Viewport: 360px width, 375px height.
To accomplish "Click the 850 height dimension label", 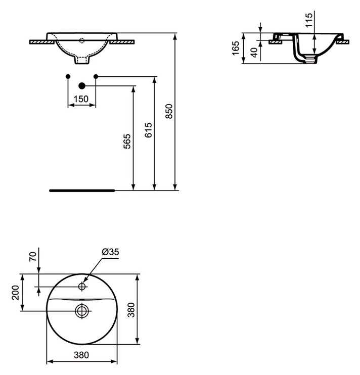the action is (169, 111).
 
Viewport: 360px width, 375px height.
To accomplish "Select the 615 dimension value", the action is (148, 130).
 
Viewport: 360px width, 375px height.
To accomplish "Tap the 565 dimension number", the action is (127, 142).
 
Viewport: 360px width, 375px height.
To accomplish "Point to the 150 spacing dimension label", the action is (81, 99).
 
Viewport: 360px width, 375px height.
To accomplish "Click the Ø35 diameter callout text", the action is (110, 252).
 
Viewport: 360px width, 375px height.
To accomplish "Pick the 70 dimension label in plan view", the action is (33, 257).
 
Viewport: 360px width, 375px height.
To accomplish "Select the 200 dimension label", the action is (16, 293).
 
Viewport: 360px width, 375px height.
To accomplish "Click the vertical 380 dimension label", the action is (131, 310).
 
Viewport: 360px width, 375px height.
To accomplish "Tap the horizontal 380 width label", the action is (81, 355).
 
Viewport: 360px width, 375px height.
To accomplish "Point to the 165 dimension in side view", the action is (236, 48).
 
